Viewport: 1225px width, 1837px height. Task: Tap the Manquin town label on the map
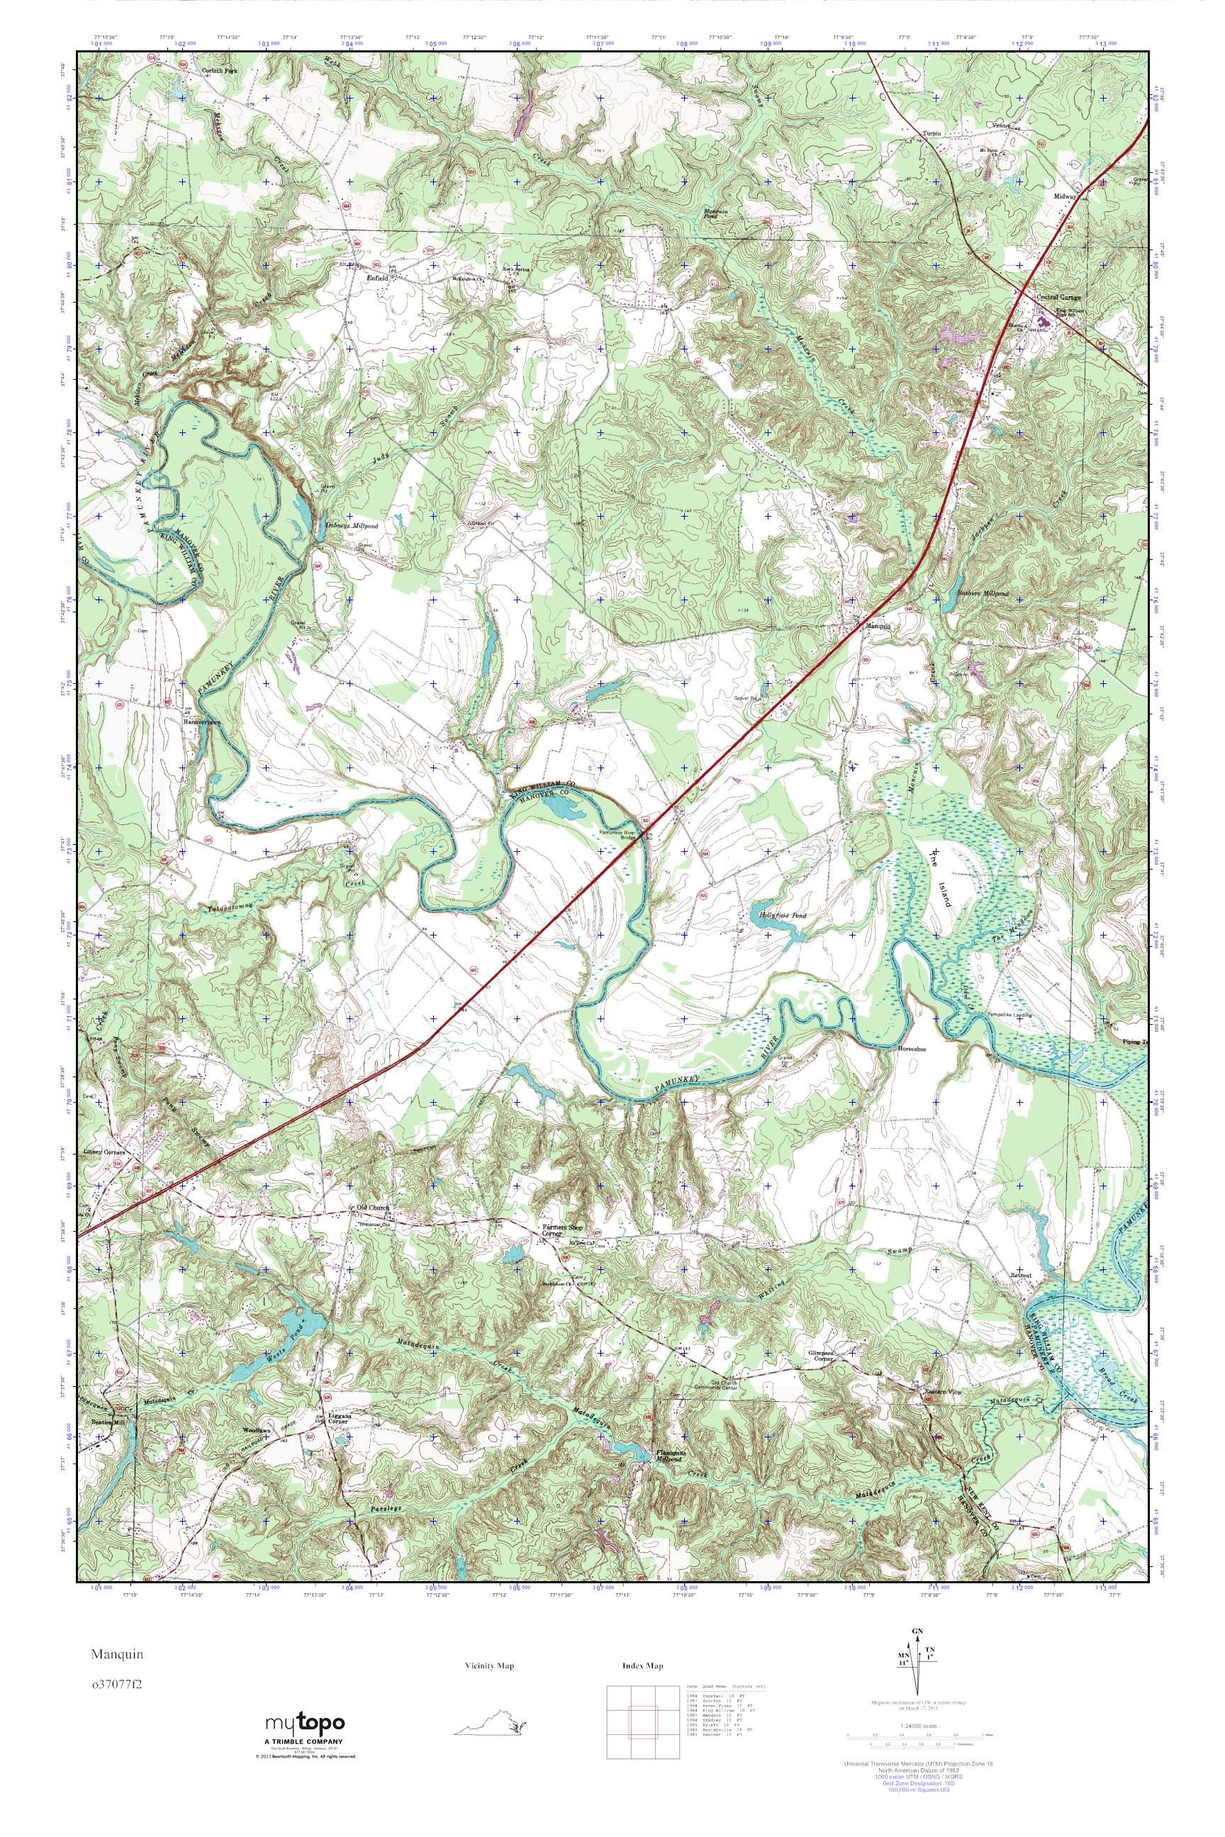point(876,626)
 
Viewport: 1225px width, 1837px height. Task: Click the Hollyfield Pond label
point(778,914)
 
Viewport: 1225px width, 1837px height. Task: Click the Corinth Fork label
point(218,70)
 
